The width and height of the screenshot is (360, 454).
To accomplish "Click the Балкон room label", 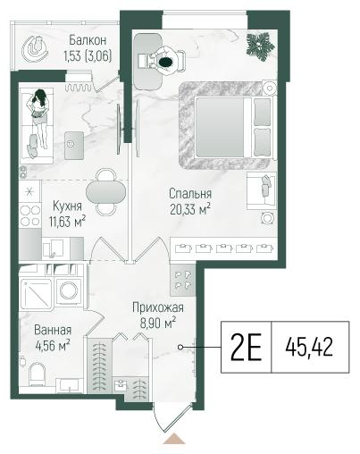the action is pos(88,40).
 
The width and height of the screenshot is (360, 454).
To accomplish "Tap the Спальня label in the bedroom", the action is pos(190,194).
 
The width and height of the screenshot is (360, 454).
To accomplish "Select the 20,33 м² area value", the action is pos(190,209).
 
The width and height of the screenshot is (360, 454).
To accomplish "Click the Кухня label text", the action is pos(67,206).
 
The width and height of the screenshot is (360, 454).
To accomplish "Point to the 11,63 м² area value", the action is pos(68,222).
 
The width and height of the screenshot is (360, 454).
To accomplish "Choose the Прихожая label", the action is pos(158,307).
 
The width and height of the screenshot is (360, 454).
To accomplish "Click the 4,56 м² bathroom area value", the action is pos(53,346).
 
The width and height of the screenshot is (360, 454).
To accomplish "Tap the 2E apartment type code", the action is pos(246,347).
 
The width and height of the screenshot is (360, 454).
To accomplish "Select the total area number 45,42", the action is pos(309,348).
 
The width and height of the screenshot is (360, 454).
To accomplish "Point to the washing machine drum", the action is pos(69,290).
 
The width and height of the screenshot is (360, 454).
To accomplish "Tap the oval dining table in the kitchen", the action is pos(105,192).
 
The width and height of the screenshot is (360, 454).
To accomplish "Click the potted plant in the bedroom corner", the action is pos(260,46).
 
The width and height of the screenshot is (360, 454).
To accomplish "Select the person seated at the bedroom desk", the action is pos(164,62).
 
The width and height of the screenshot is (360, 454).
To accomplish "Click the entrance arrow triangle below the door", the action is pos(174,439).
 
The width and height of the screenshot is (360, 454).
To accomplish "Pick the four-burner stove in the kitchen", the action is pos(30,215).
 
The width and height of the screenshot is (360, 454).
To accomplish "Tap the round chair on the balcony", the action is pos(36,49).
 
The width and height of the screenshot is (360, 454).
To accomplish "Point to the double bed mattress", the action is pos(220,127).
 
